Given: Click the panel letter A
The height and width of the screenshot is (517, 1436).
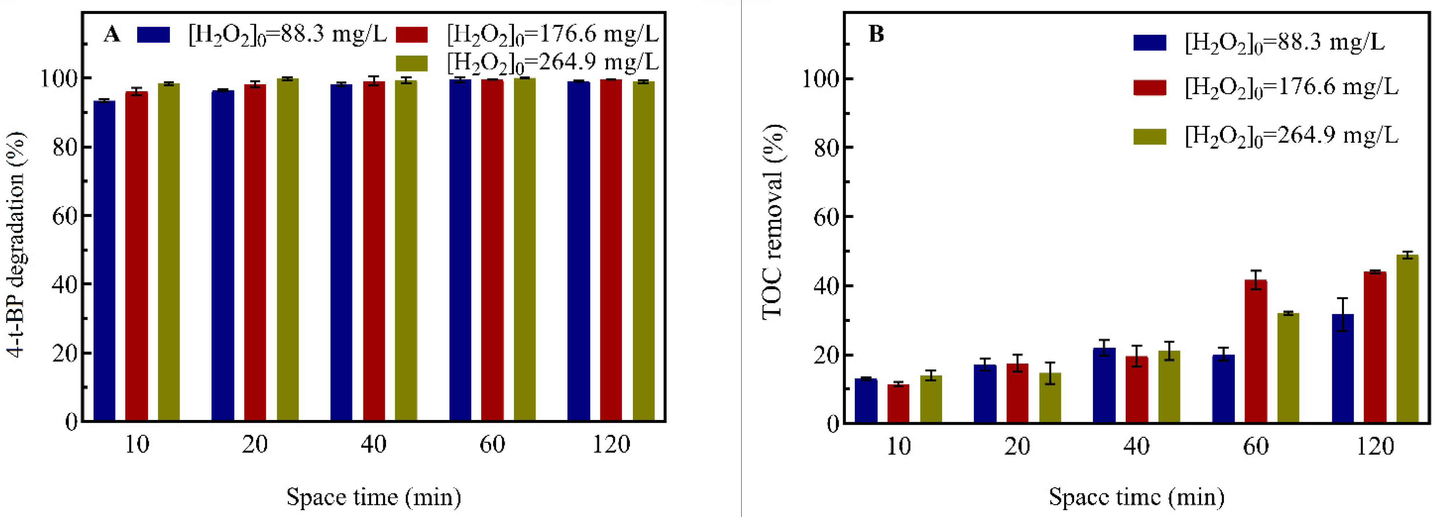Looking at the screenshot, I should tap(112, 35).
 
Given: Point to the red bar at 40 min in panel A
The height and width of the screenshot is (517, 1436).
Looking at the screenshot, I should tap(374, 251).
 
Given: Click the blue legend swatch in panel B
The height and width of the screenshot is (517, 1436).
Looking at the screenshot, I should tap(1149, 43).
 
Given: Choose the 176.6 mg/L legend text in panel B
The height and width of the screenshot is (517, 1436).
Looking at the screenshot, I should tap(1291, 88).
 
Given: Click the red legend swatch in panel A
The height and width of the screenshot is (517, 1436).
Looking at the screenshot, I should tap(411, 35).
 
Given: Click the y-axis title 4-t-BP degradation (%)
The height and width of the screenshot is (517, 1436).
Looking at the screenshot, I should tap(17, 245).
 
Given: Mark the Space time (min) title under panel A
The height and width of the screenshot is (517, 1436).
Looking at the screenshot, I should tap(374, 496).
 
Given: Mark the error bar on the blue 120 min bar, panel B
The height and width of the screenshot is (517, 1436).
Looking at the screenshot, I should tap(1343, 315).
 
